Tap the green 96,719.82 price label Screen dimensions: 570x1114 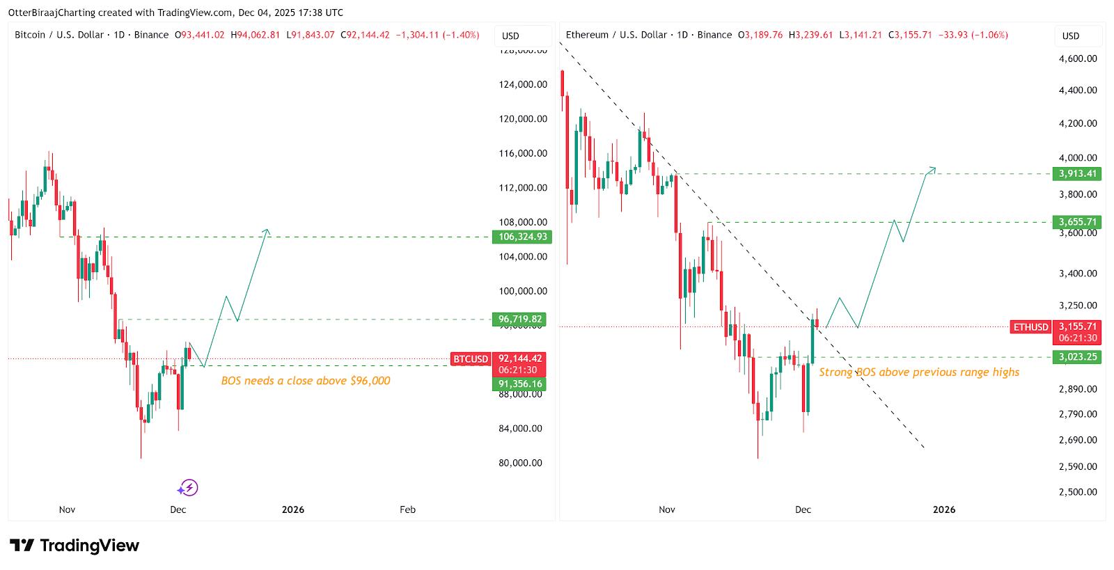coord(519,319)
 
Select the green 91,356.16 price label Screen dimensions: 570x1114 coord(519,384)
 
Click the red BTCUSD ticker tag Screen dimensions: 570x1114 coord(471,359)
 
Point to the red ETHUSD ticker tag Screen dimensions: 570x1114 coord(1031,327)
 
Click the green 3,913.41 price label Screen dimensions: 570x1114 coord(1078,174)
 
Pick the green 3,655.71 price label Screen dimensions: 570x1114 coord(1078,223)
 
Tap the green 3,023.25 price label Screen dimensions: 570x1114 coord(1078,357)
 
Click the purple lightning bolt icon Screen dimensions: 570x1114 coord(188,488)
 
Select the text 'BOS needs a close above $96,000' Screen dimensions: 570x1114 coord(306,381)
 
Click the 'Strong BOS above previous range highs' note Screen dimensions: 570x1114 coord(919,372)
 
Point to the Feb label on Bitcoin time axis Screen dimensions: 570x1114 coord(407,509)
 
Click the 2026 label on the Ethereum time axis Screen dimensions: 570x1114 coord(944,509)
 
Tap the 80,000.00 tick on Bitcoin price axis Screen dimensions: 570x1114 coord(521,463)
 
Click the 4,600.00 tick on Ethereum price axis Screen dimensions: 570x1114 coord(1078,59)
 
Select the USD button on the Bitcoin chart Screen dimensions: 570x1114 coord(511,35)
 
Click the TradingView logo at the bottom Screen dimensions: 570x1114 coord(74,546)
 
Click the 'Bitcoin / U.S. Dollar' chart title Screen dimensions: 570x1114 coord(59,35)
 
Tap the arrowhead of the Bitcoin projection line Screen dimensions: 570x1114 coord(267,231)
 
